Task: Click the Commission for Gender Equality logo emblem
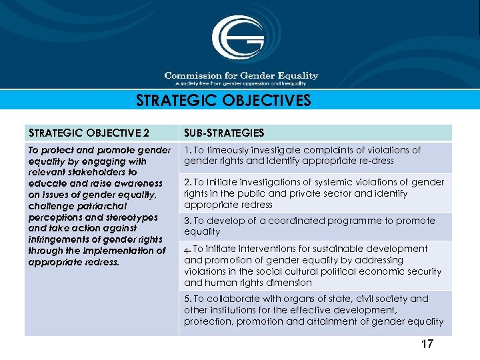[x=238, y=39]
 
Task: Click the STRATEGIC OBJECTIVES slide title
[x=223, y=101]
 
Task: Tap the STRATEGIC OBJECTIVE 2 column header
[x=89, y=133]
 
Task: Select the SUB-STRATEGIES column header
[x=224, y=133]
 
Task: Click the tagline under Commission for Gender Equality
[x=241, y=83]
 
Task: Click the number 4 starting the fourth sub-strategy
[x=187, y=249]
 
